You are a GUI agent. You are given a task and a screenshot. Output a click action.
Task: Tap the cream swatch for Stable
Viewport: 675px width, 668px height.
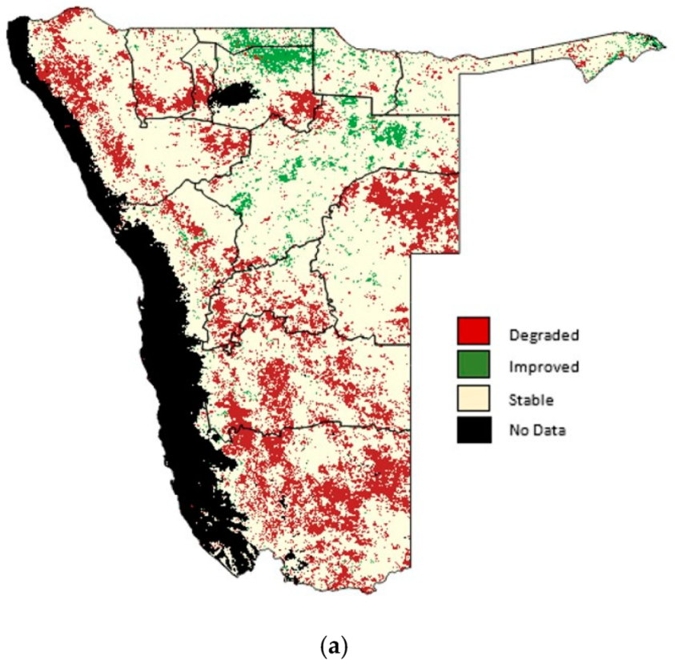472,398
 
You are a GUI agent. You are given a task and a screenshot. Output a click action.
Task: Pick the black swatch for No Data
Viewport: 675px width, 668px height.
472,430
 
